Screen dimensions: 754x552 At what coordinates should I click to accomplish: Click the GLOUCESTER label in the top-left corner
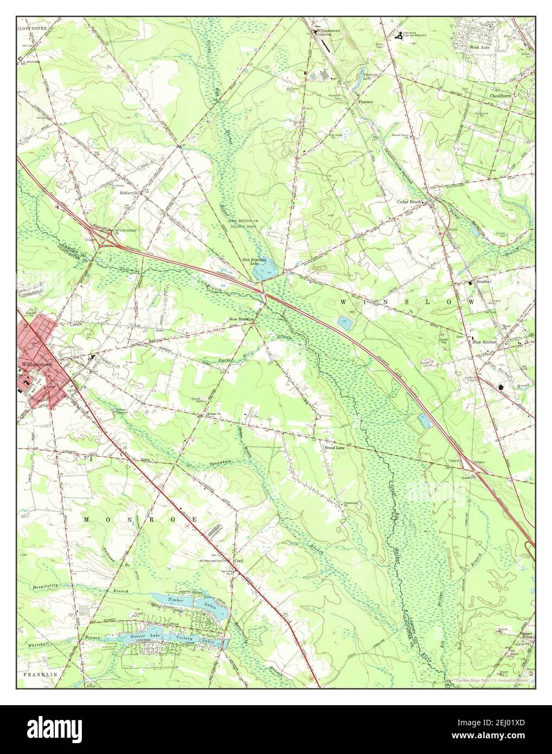tap(33, 27)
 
